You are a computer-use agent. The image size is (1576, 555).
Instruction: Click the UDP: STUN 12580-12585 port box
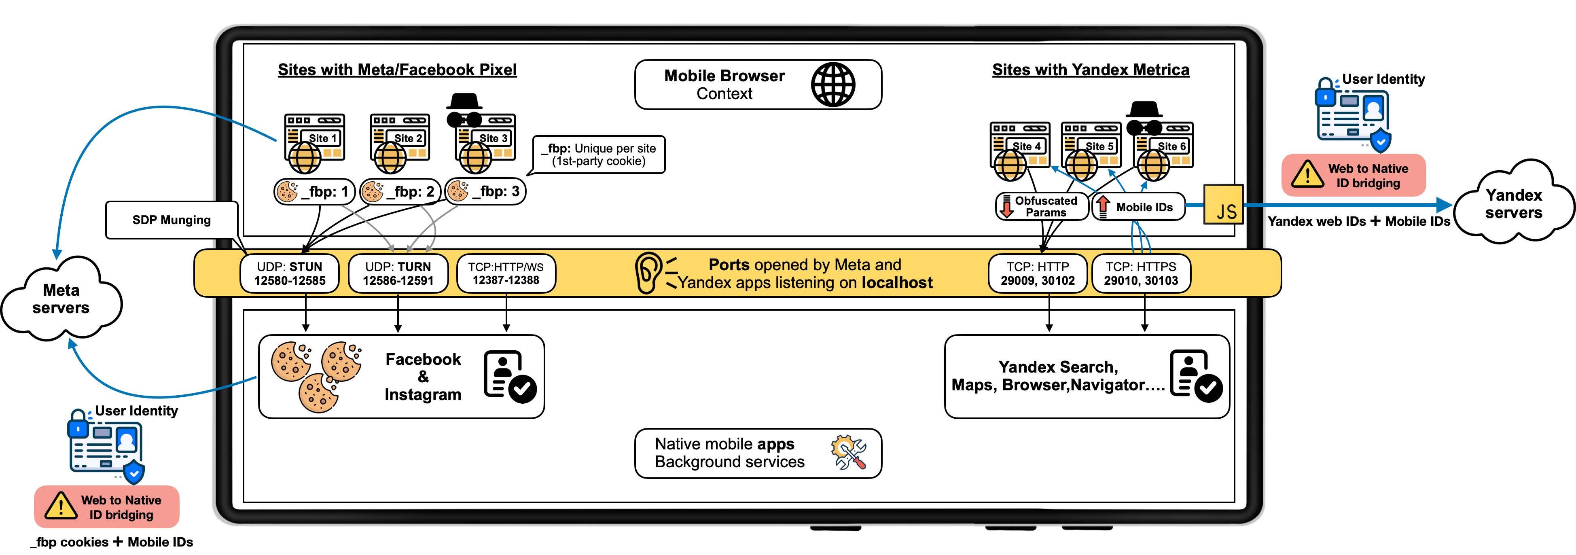(x=289, y=273)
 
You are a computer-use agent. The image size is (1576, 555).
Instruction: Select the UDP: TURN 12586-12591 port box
(x=398, y=273)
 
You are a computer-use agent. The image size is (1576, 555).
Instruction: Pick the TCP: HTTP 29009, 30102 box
(x=1038, y=273)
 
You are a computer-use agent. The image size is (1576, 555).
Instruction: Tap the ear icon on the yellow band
(x=647, y=273)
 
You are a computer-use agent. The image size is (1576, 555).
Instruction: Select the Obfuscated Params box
(x=1041, y=206)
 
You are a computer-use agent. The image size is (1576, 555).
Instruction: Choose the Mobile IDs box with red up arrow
(x=1138, y=207)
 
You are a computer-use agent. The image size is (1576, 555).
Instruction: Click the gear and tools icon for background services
(x=849, y=453)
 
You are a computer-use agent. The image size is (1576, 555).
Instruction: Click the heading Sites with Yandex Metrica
(x=1090, y=70)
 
